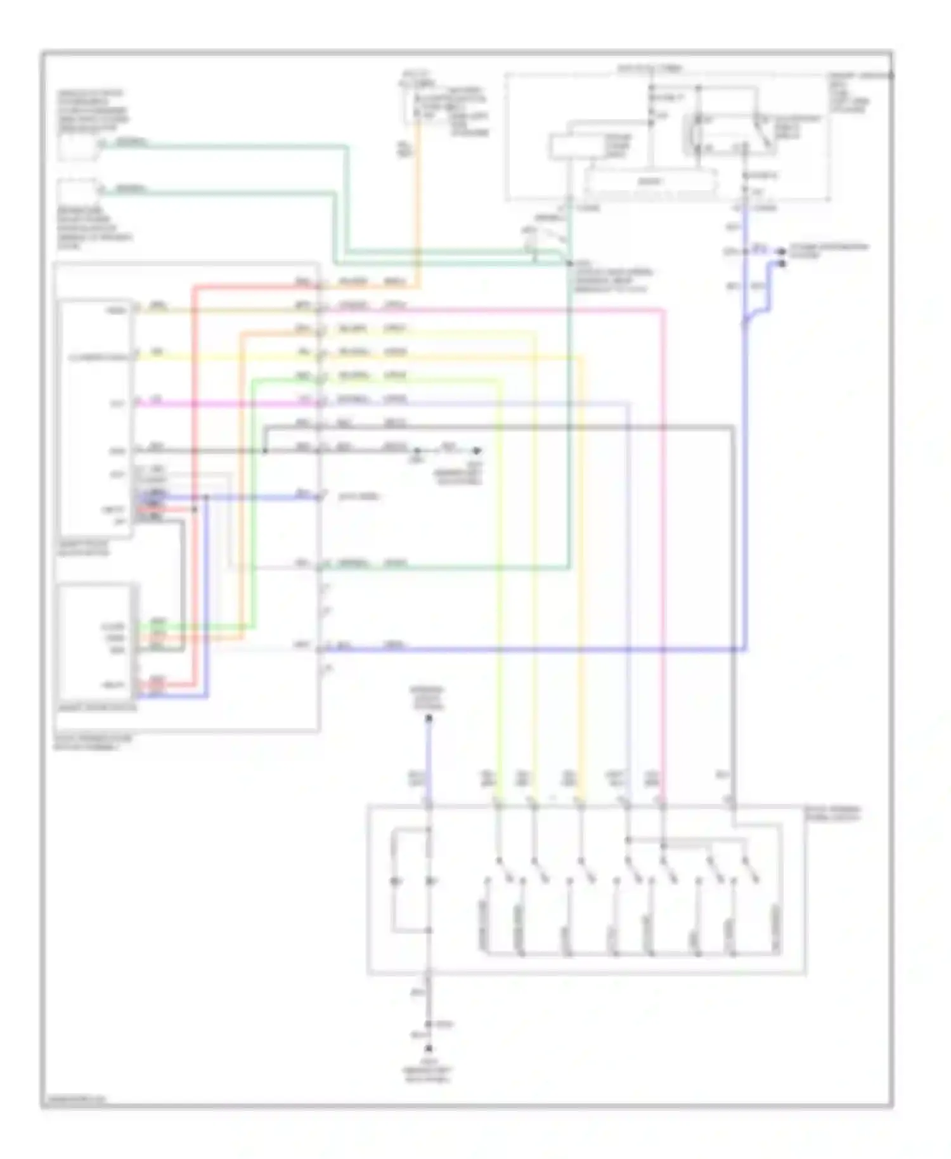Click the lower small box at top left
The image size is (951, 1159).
click(x=77, y=191)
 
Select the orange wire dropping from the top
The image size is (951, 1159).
click(x=418, y=203)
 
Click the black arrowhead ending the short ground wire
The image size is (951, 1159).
click(x=477, y=451)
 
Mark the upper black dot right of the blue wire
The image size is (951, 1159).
click(x=782, y=252)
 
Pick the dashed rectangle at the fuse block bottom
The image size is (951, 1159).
click(x=650, y=182)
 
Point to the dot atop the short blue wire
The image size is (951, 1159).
click(x=429, y=718)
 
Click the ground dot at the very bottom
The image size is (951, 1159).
click(x=429, y=1049)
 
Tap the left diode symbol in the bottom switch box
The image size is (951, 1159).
click(x=395, y=881)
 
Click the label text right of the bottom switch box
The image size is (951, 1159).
click(x=832, y=813)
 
